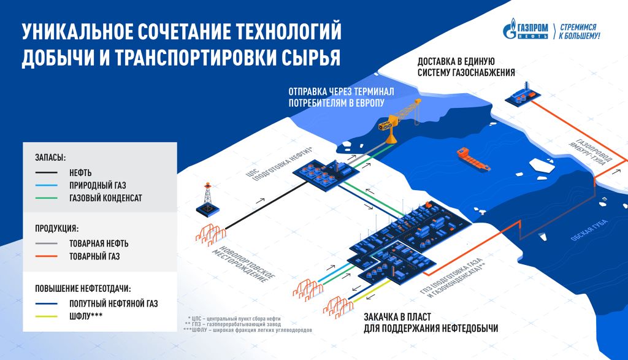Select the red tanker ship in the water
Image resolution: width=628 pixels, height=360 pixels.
click(x=473, y=160)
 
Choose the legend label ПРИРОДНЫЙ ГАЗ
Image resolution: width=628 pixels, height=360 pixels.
click(x=99, y=185)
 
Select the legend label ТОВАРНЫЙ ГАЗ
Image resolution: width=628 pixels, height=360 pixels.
click(x=94, y=256)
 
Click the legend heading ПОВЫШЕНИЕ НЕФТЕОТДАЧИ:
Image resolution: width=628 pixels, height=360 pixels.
click(x=83, y=287)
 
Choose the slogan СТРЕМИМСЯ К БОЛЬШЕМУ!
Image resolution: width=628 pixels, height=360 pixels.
click(x=579, y=31)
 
